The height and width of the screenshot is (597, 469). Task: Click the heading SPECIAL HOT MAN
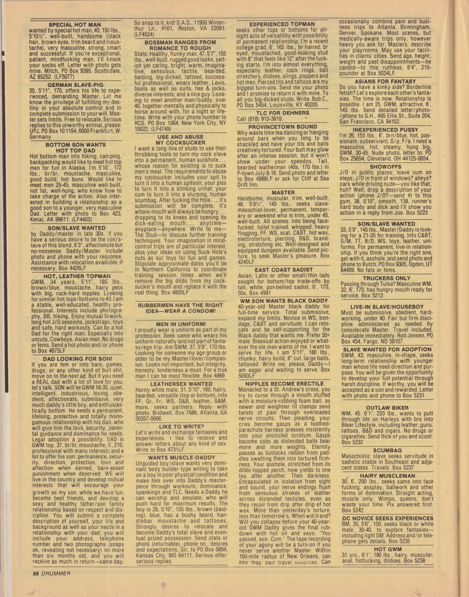75,24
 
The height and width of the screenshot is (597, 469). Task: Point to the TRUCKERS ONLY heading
386,278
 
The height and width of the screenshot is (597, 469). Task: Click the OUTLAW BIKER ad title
387,408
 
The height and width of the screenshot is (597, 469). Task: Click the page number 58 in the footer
36,573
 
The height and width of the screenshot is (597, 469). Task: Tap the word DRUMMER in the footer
55,573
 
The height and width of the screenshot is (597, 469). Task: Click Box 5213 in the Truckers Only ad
371,296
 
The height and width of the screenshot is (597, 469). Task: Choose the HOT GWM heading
387,549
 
